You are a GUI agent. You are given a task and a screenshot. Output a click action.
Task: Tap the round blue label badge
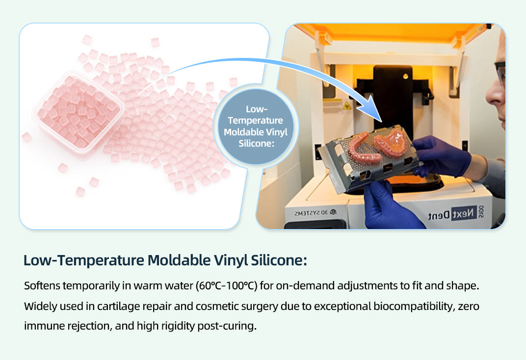click(256, 127)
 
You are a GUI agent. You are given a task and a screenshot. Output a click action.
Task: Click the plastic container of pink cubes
click(78, 114)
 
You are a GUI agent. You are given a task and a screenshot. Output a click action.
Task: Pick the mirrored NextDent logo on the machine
click(452, 213)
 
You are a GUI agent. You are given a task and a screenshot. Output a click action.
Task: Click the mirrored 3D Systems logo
click(315, 212)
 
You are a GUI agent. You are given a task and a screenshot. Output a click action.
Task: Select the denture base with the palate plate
click(391, 142)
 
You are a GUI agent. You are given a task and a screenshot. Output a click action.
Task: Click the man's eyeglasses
click(500, 73)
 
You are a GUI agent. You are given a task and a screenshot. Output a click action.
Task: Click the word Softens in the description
click(42, 286)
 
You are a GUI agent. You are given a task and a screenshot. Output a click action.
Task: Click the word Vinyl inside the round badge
click(276, 132)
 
